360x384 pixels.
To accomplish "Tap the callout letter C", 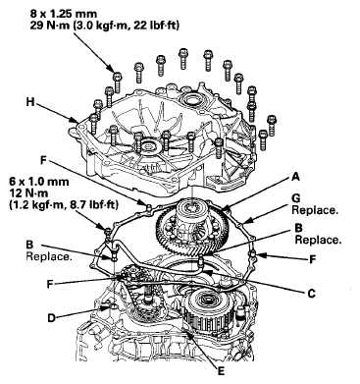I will point(311,293).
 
